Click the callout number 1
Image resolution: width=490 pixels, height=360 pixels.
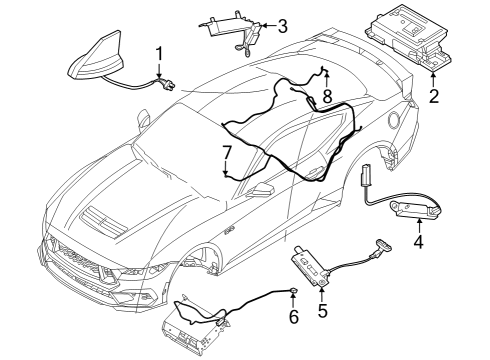pyautogui.click(x=158, y=52)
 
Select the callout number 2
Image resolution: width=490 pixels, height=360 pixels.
pyautogui.click(x=434, y=97)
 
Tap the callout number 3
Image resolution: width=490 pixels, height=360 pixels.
pyautogui.click(x=283, y=26)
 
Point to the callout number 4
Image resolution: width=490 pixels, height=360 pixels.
pyautogui.click(x=418, y=241)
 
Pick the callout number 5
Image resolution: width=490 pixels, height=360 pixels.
pyautogui.click(x=322, y=312)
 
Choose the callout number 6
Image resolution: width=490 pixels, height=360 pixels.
pyautogui.click(x=293, y=317)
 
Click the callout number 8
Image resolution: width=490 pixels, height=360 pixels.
pyautogui.click(x=326, y=97)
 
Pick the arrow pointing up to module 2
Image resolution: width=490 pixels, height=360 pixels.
pyautogui.click(x=434, y=79)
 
